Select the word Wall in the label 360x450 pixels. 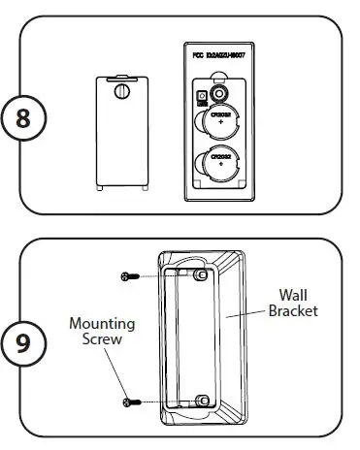294,294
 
